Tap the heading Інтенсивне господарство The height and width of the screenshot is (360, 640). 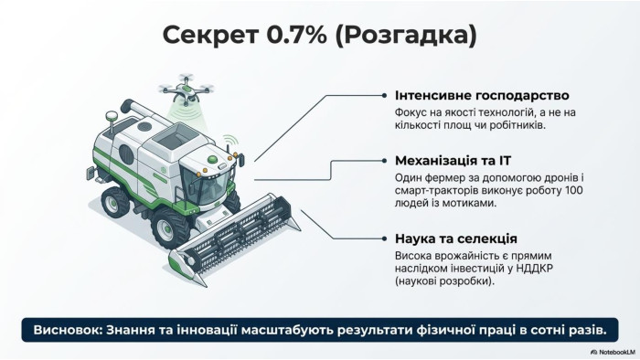(482, 95)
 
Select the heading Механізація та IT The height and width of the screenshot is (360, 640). (453, 161)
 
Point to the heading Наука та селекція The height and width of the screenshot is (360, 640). (456, 238)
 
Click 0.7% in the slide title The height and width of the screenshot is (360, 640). (297, 34)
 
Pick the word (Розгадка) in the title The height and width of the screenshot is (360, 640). (406, 36)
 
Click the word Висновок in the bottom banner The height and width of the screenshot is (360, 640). (68, 330)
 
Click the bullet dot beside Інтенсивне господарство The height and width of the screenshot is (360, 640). (384, 95)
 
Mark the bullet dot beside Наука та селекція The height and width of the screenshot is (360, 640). (384, 238)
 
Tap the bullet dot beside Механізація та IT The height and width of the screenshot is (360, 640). (384, 161)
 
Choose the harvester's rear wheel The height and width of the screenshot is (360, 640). (114, 202)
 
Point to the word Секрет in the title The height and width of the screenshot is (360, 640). (209, 35)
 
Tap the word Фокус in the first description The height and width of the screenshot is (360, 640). (410, 112)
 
